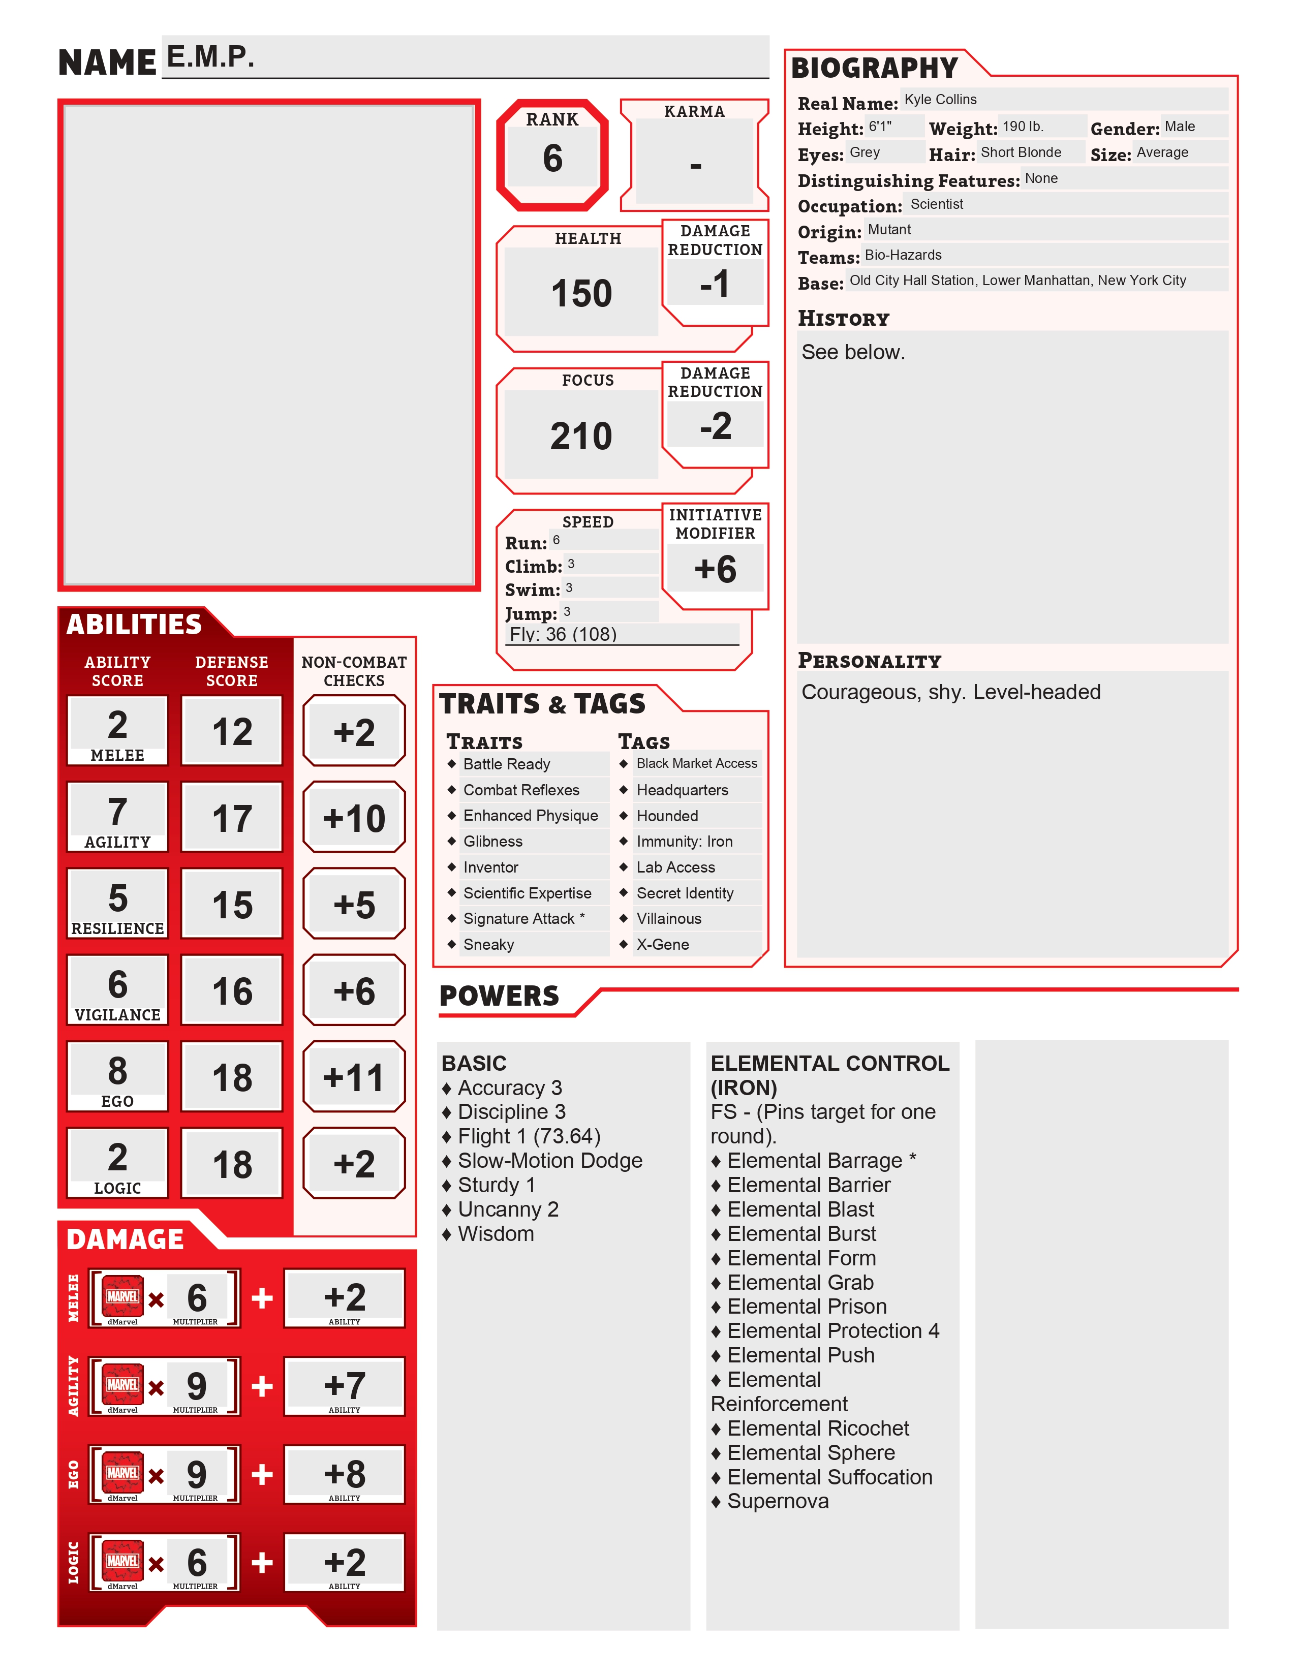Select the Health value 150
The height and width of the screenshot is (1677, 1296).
click(x=581, y=293)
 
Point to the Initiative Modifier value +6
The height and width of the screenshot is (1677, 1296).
click(x=715, y=569)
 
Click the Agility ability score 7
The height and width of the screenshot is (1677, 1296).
click(x=117, y=812)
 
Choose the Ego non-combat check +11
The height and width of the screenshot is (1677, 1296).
click(x=354, y=1077)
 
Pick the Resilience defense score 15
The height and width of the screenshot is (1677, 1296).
click(x=232, y=905)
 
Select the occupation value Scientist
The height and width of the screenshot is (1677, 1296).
click(x=936, y=204)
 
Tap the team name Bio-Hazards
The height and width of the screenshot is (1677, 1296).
click(x=903, y=255)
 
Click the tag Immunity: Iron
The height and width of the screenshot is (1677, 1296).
click(x=684, y=842)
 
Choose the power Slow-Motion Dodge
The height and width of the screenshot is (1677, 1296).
click(x=550, y=1160)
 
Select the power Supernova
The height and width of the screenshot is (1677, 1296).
click(x=777, y=1501)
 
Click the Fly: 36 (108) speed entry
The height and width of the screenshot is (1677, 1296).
click(x=563, y=634)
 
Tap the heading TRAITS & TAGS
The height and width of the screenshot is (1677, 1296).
click(x=542, y=703)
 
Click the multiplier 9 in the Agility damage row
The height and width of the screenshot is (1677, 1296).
click(x=197, y=1386)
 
